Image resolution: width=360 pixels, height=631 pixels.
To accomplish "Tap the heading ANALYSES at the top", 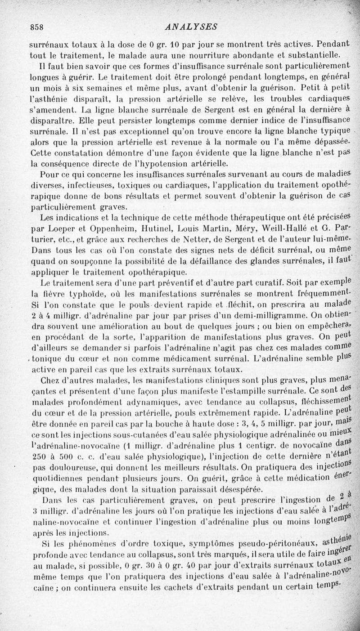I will coord(191,27).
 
